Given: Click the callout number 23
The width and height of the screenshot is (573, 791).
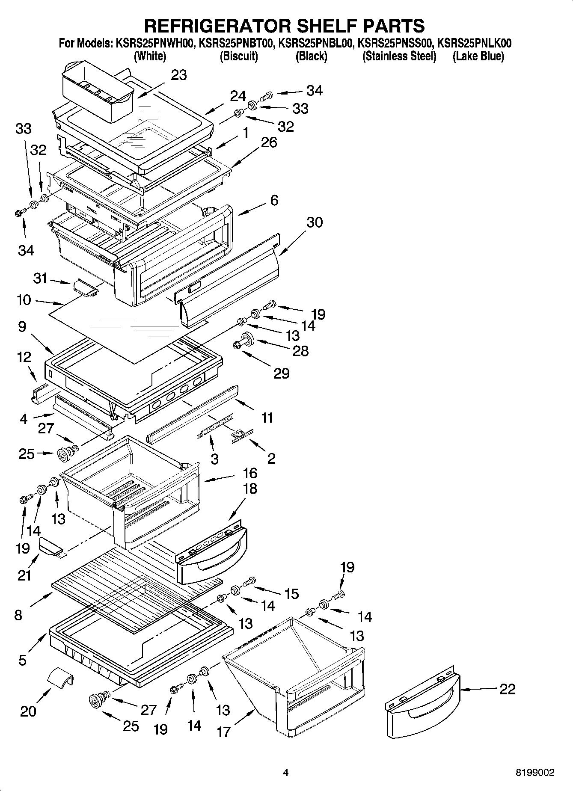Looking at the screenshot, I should (179, 75).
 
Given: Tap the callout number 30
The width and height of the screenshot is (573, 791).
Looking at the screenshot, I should (314, 222).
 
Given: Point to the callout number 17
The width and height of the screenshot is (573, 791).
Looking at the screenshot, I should (223, 732).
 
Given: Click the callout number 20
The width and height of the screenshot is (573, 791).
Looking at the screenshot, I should (28, 711).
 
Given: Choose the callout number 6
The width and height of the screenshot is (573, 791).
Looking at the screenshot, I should (274, 200).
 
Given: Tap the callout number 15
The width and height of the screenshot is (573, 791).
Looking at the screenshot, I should (291, 594).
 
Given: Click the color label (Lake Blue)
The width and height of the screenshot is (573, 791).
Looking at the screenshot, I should (478, 56).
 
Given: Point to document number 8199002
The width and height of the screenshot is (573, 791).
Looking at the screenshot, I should (535, 773).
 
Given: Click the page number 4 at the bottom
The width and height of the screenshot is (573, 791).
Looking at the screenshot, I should (286, 773).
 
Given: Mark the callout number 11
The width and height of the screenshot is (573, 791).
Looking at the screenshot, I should (267, 418).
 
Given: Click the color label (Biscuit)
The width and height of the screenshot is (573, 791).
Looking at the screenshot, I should (238, 56).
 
